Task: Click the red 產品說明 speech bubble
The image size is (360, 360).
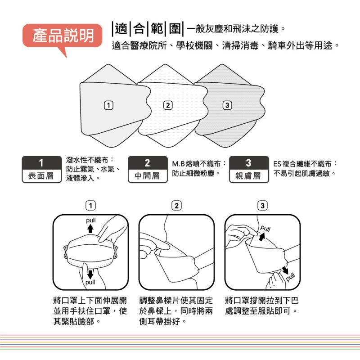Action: click(x=62, y=36)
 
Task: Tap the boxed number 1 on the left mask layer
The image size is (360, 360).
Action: click(x=108, y=105)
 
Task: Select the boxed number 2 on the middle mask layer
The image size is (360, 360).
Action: click(x=168, y=105)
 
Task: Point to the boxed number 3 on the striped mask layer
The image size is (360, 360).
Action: click(x=227, y=105)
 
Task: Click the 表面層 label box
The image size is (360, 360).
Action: click(x=42, y=170)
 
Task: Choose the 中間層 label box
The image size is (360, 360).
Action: click(x=148, y=170)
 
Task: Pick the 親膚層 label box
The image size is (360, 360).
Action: click(x=249, y=170)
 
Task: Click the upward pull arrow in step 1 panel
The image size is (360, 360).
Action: click(x=90, y=229)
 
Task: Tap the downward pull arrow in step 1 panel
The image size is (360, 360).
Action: click(x=90, y=274)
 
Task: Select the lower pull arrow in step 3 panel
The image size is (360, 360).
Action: click(x=285, y=270)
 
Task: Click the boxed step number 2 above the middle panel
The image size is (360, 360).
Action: click(x=176, y=206)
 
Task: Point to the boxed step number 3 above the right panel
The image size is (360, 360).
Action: click(x=262, y=206)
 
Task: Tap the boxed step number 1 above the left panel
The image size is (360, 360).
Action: click(x=91, y=206)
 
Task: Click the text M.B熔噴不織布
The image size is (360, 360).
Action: click(x=197, y=164)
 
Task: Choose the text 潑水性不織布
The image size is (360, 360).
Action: click(x=87, y=160)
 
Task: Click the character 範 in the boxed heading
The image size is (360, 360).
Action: click(x=157, y=29)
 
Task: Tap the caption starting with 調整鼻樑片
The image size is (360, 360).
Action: click(x=176, y=311)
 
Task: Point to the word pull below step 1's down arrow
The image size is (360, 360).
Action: click(x=90, y=283)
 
